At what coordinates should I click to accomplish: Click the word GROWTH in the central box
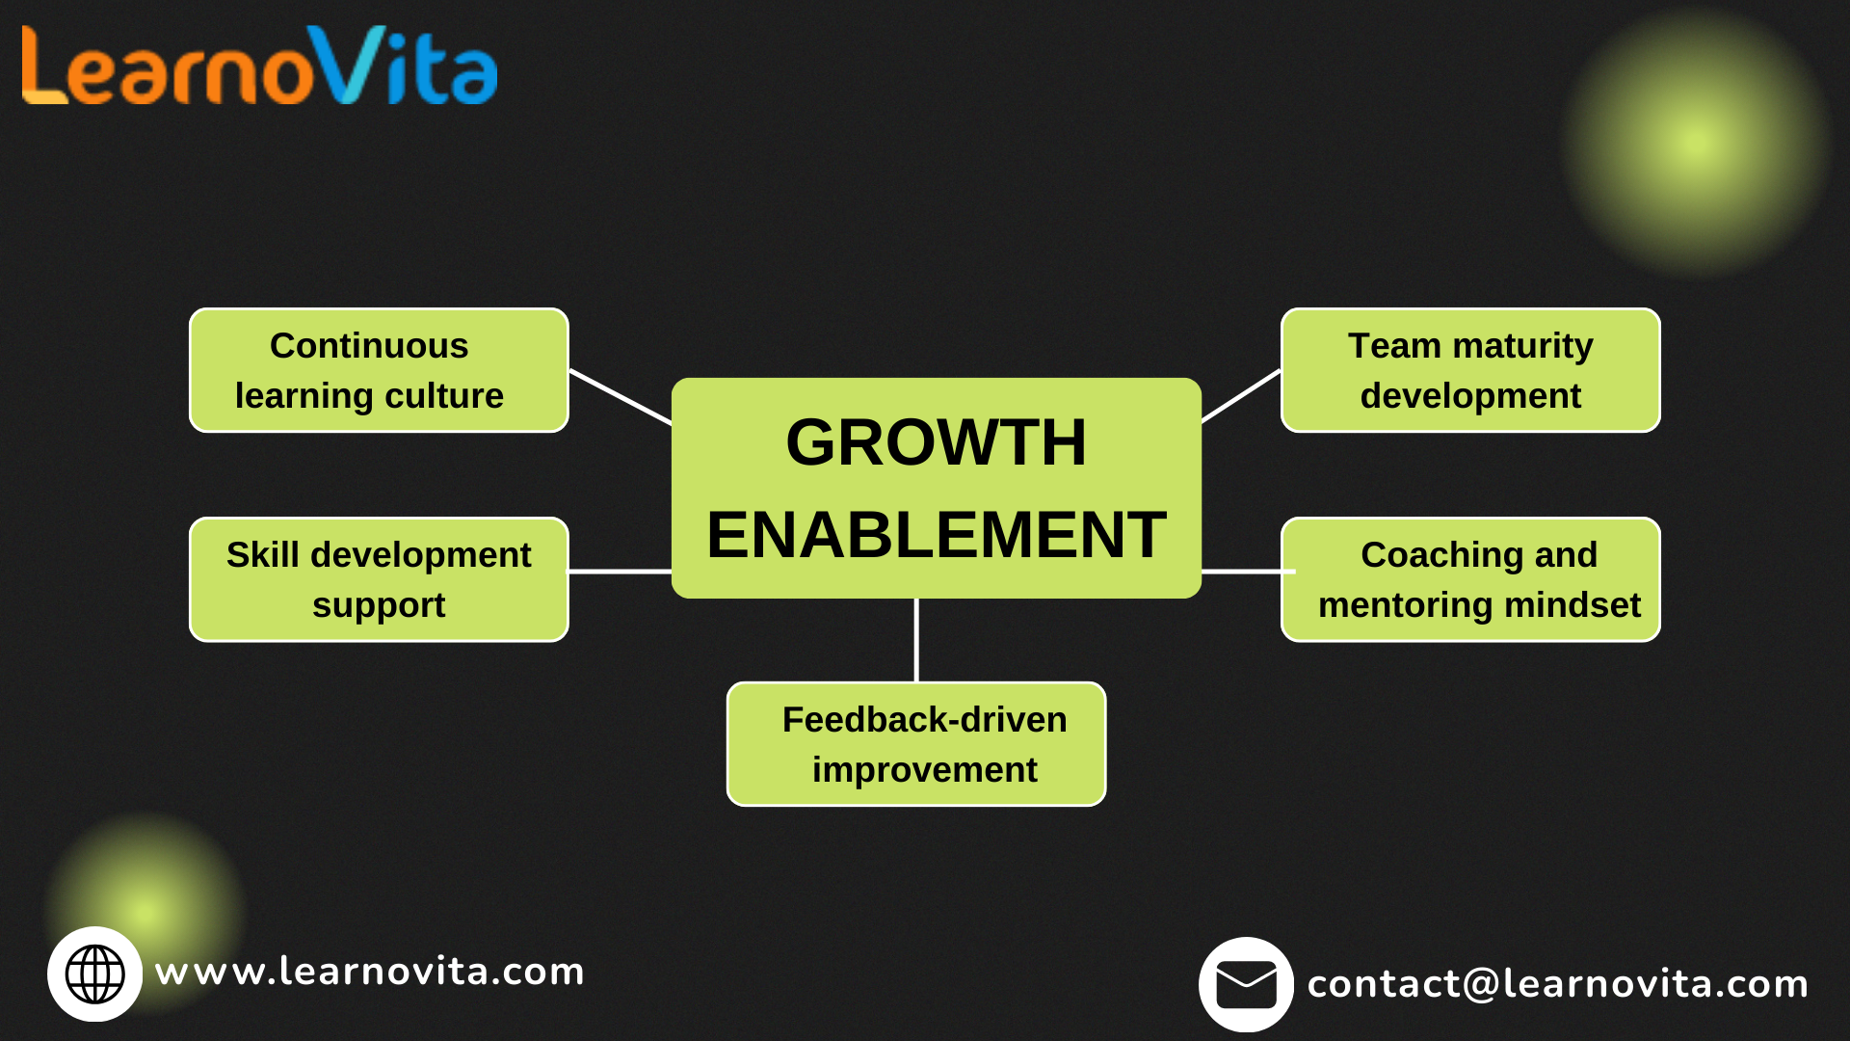[x=936, y=443]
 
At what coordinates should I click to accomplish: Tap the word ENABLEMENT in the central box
[x=936, y=536]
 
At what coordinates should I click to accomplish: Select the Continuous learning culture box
[x=379, y=371]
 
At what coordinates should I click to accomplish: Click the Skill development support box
[x=379, y=580]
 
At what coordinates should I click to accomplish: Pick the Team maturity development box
[x=1470, y=371]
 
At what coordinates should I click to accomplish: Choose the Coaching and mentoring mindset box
[x=1470, y=580]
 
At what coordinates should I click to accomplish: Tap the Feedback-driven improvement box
[x=916, y=744]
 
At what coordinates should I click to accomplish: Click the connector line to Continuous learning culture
[x=621, y=397]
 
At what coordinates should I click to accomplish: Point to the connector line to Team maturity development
[x=1241, y=396]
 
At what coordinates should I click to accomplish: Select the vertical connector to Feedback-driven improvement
[x=916, y=640]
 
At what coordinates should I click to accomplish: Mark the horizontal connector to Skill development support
[x=620, y=572]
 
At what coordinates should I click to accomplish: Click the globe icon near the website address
[x=94, y=974]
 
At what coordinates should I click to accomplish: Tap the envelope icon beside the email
[x=1246, y=985]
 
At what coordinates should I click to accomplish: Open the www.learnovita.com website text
[x=370, y=972]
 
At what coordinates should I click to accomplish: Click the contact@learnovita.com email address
[x=1557, y=984]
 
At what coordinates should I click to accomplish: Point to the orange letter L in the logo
[x=42, y=66]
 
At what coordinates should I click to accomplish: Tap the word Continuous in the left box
[x=369, y=346]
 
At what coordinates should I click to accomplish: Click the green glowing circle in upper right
[x=1696, y=143]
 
